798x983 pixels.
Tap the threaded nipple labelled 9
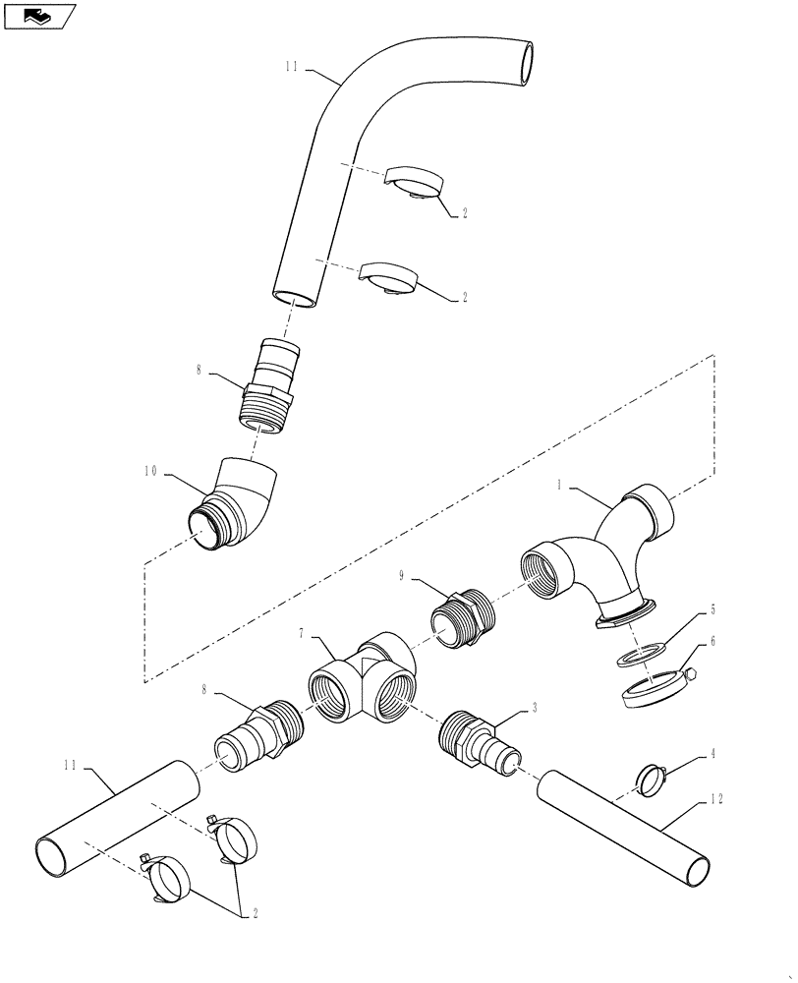click(x=463, y=616)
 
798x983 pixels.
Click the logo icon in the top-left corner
click(x=40, y=16)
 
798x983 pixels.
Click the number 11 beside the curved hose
click(x=291, y=68)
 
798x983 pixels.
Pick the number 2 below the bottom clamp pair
click(x=256, y=913)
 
